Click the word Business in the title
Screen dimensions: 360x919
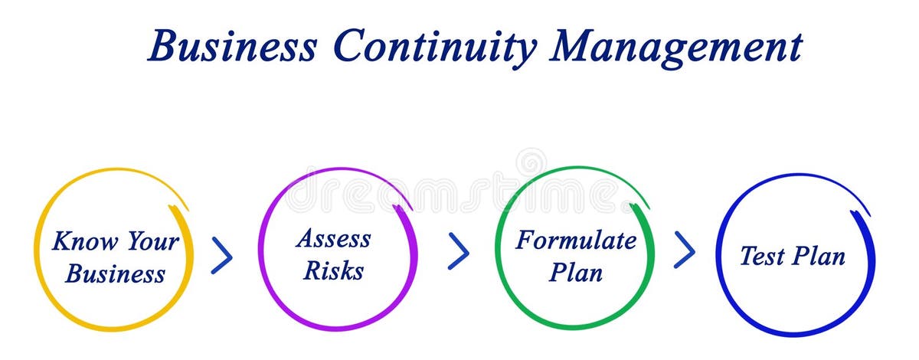232,47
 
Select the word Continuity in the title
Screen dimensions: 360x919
434,47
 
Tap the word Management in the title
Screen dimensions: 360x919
676,47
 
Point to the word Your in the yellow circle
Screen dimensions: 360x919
152,242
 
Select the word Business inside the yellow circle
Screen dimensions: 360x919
115,273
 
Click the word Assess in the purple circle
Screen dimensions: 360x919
333,238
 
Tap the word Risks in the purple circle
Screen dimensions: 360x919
333,270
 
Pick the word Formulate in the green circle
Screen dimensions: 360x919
575,240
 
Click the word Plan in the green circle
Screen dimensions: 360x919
575,272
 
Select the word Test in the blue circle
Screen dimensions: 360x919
761,256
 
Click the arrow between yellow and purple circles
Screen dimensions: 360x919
221,256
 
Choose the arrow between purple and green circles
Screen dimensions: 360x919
458,251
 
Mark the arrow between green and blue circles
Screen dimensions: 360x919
684,250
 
